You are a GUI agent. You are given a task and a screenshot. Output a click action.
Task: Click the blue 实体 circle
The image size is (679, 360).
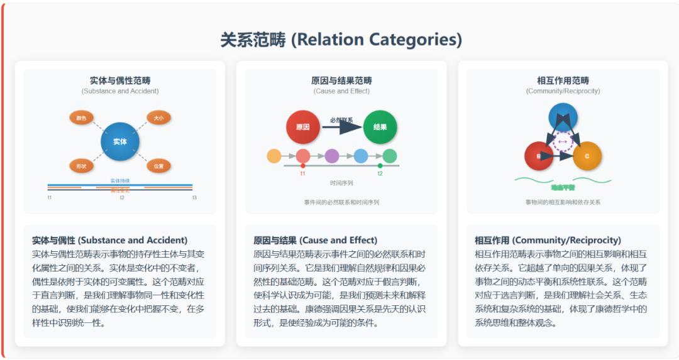(120, 141)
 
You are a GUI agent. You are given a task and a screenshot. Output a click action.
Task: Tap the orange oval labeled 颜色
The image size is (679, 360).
(82, 117)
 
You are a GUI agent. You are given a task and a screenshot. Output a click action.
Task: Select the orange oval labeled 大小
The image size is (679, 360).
(158, 117)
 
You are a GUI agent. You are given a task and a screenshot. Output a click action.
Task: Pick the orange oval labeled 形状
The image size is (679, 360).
(82, 166)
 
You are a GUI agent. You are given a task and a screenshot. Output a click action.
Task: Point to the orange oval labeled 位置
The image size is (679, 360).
(158, 166)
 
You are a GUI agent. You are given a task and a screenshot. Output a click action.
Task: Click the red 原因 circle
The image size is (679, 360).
(303, 127)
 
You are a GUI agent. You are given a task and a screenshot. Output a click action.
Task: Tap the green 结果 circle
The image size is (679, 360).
(380, 127)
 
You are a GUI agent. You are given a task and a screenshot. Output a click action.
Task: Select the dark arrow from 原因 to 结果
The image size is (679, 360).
(342, 127)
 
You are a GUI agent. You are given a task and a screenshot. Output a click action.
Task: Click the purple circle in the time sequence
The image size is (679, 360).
(332, 156)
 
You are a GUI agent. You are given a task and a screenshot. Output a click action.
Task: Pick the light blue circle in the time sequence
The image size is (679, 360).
(361, 156)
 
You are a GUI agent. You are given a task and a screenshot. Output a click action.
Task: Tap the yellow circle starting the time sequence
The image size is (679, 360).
(274, 156)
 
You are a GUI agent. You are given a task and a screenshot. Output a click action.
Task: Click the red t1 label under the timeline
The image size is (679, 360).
(303, 173)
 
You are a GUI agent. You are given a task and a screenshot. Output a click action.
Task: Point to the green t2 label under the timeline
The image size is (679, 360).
(380, 173)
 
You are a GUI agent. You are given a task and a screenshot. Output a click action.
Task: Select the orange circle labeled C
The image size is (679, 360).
(587, 156)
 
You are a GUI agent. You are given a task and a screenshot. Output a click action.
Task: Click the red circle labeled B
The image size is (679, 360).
(539, 156)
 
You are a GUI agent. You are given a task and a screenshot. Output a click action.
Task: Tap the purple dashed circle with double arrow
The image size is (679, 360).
(563, 142)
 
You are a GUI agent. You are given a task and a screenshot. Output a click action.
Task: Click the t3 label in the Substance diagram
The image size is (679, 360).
(194, 198)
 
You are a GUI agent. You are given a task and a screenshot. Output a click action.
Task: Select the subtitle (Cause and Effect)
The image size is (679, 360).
(341, 91)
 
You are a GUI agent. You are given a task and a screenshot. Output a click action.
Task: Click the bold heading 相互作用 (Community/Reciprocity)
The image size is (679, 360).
(548, 240)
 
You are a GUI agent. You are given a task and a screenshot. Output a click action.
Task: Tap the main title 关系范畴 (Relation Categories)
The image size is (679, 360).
(341, 40)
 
